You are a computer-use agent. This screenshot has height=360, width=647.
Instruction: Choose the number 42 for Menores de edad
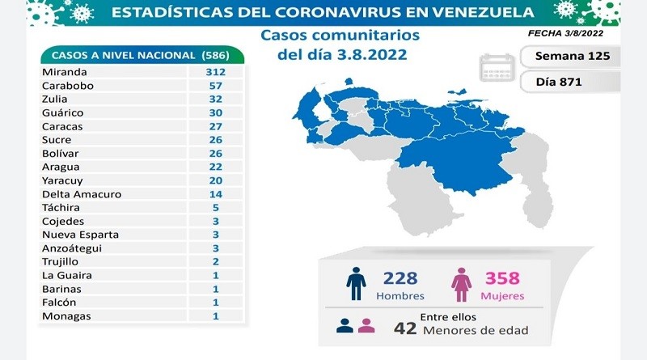click(404, 330)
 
